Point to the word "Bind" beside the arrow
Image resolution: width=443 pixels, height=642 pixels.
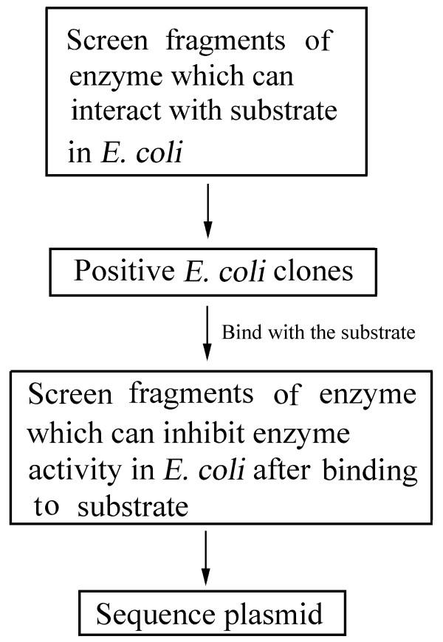click(x=238, y=332)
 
